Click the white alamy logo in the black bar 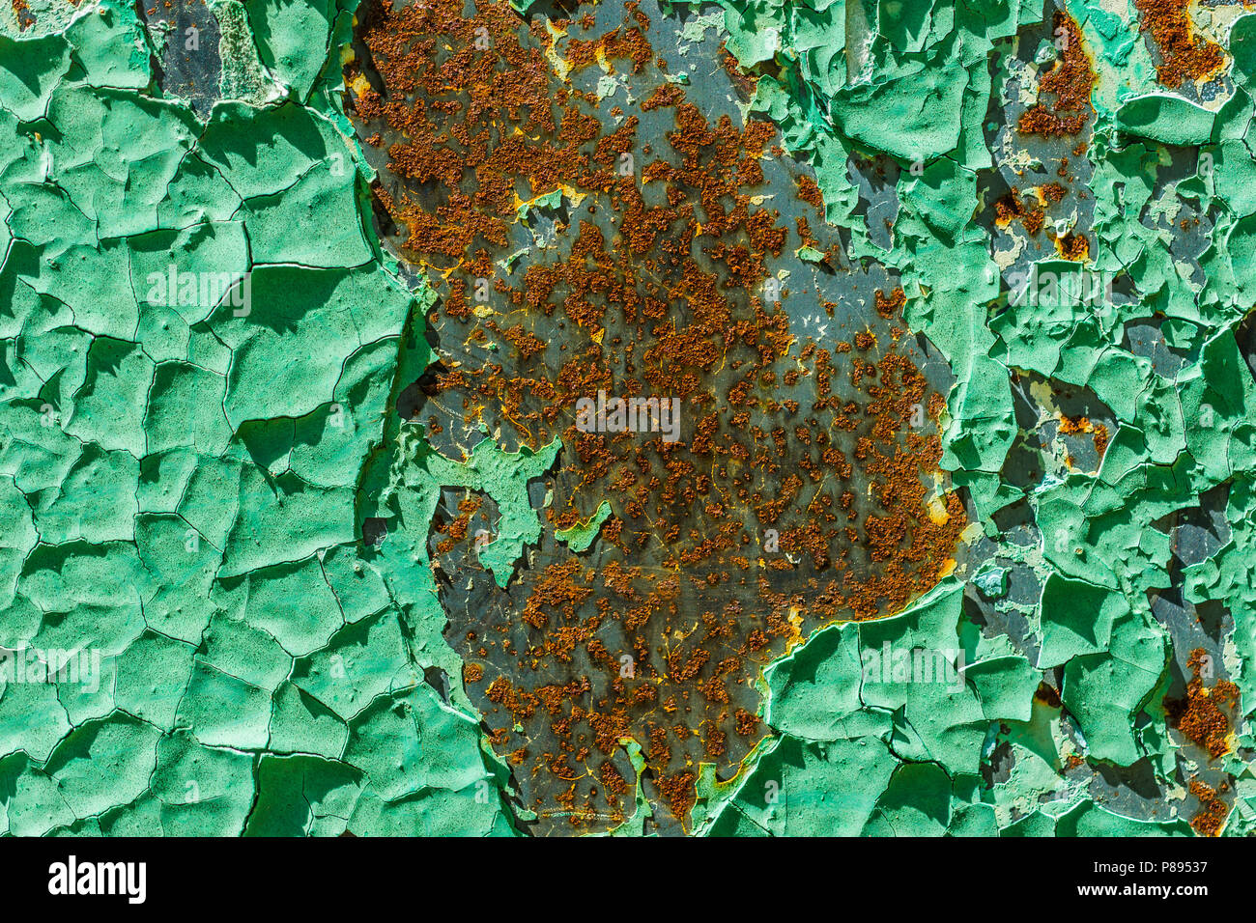97,880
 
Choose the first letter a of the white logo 56,881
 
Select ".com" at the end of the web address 1191,894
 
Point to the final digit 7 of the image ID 1202,867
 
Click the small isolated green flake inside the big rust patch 584,526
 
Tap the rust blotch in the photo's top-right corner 1179,39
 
